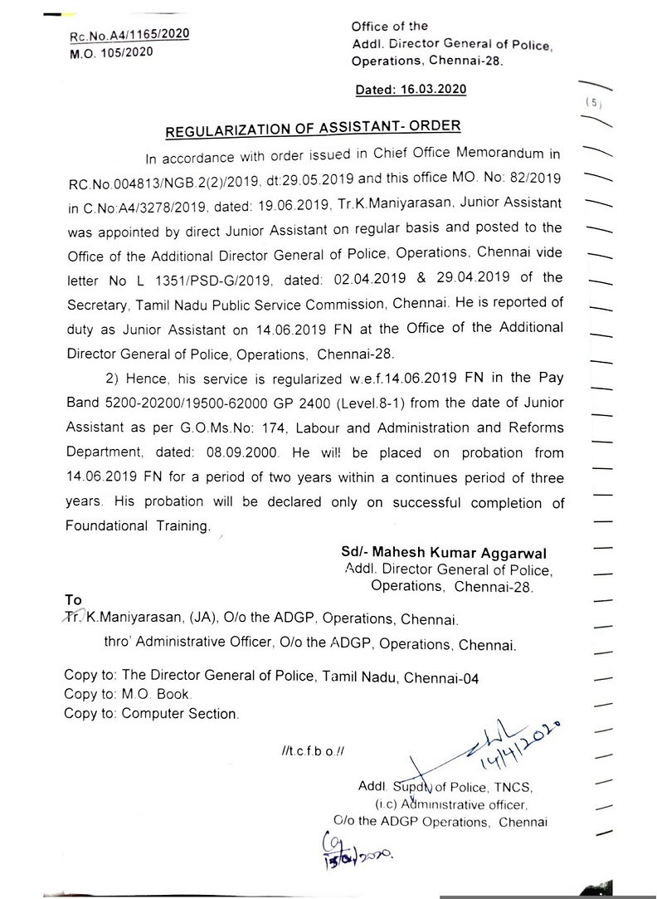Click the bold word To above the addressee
[74, 599]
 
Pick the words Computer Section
[179, 713]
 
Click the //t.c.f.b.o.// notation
[313, 751]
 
